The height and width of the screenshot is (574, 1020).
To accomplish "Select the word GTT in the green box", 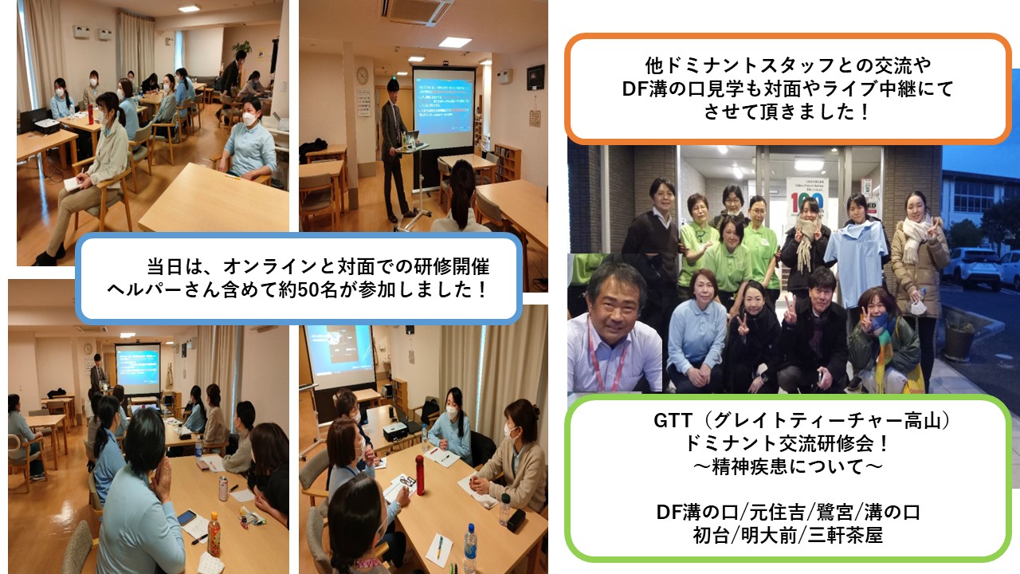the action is [x=673, y=420].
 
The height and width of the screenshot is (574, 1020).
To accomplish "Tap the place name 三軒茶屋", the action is [x=845, y=535].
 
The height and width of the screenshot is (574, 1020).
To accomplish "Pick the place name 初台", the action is [x=712, y=535].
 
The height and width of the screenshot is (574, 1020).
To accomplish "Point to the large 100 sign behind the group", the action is [x=806, y=202].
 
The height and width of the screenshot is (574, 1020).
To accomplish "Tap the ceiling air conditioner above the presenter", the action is [x=415, y=12].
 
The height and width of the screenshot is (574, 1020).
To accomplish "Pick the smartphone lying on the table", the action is [x=186, y=517].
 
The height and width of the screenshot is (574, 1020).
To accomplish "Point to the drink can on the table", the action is [x=223, y=489].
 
